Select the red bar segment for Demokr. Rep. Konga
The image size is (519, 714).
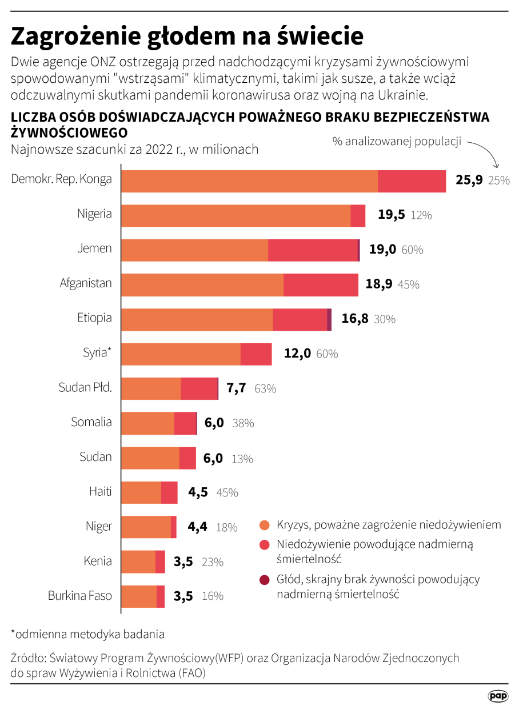tap(412, 181)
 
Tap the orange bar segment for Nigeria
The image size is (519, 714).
tap(235, 215)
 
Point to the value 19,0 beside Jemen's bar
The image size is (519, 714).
tap(382, 249)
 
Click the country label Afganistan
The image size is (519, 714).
tap(86, 283)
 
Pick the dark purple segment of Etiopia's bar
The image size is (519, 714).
tap(329, 319)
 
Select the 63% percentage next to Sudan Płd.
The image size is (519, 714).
tap(265, 388)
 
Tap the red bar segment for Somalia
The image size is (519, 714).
tap(185, 423)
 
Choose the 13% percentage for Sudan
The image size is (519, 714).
tap(242, 459)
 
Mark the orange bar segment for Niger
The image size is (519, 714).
tap(146, 527)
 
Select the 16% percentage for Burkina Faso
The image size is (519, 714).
tap(213, 596)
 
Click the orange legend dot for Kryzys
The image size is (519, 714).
tap(264, 525)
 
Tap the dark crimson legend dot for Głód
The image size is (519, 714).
tap(264, 580)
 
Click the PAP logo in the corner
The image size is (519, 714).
tap(498, 696)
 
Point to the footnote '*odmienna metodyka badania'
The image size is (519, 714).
tap(87, 633)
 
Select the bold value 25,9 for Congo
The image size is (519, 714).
tap(469, 180)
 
